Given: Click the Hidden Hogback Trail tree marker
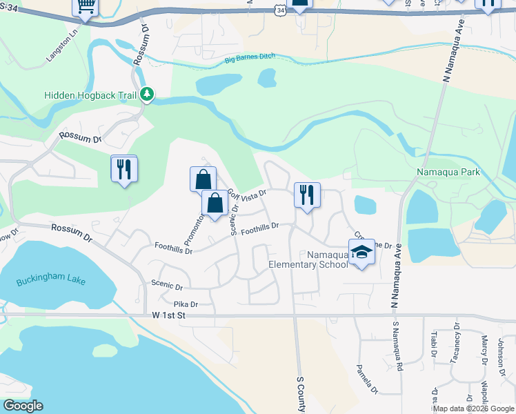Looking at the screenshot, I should click(x=146, y=95).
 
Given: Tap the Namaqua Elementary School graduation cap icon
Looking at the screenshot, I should click(x=361, y=253).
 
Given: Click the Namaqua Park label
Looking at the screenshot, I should click(x=448, y=171).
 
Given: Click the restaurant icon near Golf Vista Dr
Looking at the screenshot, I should click(x=307, y=194).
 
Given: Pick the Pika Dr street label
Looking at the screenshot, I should click(x=185, y=304).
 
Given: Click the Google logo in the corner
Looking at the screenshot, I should click(x=23, y=406).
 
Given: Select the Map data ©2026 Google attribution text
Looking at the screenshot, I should click(x=473, y=408).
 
